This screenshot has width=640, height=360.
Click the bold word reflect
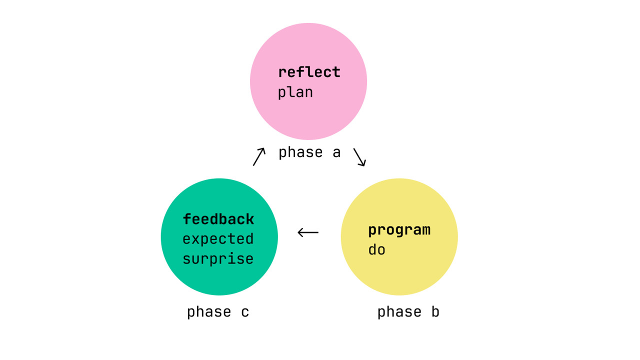click(x=309, y=72)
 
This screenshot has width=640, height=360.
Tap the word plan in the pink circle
click(x=295, y=92)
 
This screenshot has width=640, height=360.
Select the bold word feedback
click(x=218, y=219)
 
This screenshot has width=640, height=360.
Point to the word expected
click(x=218, y=239)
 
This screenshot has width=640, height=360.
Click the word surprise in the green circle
click(x=218, y=259)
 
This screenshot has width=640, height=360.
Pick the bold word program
click(x=399, y=230)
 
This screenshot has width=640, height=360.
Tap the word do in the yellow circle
click(x=376, y=250)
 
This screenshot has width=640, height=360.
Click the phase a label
click(x=309, y=152)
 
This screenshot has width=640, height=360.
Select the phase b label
click(x=408, y=312)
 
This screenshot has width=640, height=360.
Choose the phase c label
click(x=218, y=312)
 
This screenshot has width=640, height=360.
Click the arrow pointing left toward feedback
click(x=308, y=232)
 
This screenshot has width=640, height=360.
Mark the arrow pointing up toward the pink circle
click(x=259, y=156)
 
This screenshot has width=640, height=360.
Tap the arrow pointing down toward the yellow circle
click(x=359, y=157)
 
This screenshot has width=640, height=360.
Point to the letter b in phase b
click(x=435, y=312)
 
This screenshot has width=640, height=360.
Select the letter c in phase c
click(x=245, y=312)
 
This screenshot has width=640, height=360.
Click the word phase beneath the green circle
click(x=209, y=312)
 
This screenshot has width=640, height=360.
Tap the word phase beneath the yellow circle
click(x=399, y=312)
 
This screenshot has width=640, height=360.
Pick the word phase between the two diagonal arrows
click(x=300, y=152)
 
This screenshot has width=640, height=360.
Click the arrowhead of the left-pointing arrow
click(x=300, y=232)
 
